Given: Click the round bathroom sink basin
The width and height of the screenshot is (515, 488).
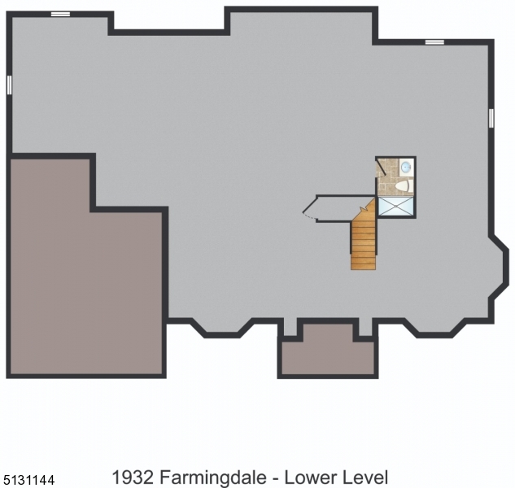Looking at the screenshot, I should click(405, 166).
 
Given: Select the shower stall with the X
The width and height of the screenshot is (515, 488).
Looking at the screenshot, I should click(395, 207).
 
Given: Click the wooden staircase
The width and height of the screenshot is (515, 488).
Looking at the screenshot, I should click(363, 242).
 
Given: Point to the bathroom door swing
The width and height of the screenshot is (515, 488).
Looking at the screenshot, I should click(382, 168).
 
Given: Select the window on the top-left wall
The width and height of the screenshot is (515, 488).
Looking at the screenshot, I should click(59, 14).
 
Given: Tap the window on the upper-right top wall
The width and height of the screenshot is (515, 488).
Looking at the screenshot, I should click(434, 41).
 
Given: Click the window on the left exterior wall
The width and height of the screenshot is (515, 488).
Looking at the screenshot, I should click(9, 85).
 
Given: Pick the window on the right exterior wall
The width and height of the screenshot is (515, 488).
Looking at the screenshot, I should click(491, 118).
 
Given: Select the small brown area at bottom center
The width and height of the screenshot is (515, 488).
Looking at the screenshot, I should click(327, 355).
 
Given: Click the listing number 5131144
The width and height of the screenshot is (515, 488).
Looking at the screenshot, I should click(28, 481).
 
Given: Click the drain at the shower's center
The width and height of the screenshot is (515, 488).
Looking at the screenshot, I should click(395, 207).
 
